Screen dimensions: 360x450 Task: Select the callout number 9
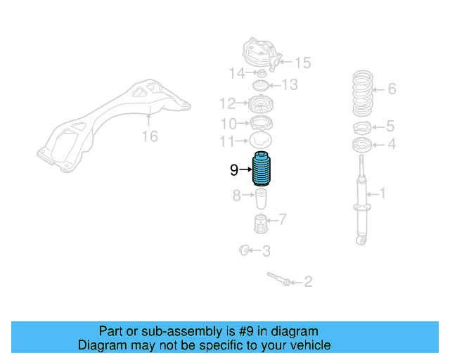click(233, 169)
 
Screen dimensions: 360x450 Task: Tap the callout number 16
click(150, 136)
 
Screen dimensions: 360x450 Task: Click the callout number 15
click(302, 63)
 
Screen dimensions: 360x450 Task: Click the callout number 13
click(290, 85)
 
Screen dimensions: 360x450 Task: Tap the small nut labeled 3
click(246, 250)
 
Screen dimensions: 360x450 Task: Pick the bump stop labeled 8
click(261, 199)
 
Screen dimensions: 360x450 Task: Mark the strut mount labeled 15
click(261, 53)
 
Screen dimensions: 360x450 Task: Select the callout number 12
click(226, 104)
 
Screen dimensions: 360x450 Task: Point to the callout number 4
click(392, 144)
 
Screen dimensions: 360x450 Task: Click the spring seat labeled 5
click(361, 128)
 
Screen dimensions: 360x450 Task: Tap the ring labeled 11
click(261, 140)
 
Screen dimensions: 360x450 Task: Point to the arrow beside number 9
click(245, 169)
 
